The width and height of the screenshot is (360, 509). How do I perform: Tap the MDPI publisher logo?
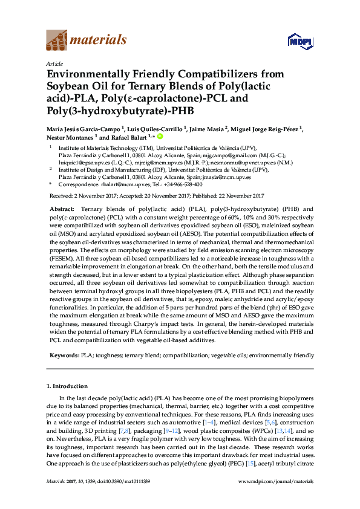(296, 42)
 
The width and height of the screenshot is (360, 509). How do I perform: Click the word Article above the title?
(54, 63)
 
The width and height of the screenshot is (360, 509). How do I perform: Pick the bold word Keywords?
(64, 357)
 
